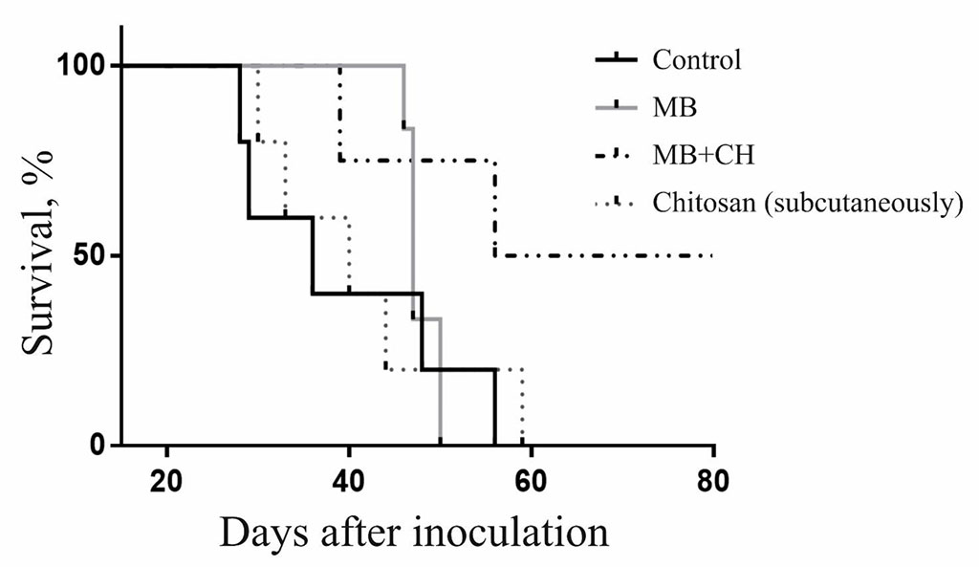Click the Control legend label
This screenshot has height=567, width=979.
tap(696, 60)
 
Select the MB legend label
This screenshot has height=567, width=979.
tap(675, 106)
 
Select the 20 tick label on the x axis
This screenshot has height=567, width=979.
tap(167, 478)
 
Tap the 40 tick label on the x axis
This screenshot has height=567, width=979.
tap(349, 478)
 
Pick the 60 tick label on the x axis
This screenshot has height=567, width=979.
tap(532, 478)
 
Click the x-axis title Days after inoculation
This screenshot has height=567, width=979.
tap(414, 532)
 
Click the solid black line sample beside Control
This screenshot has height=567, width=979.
tap(618, 60)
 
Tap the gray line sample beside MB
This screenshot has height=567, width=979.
tap(618, 106)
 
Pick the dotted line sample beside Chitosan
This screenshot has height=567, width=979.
tap(618, 202)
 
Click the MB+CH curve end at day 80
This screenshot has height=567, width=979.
tap(713, 255)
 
